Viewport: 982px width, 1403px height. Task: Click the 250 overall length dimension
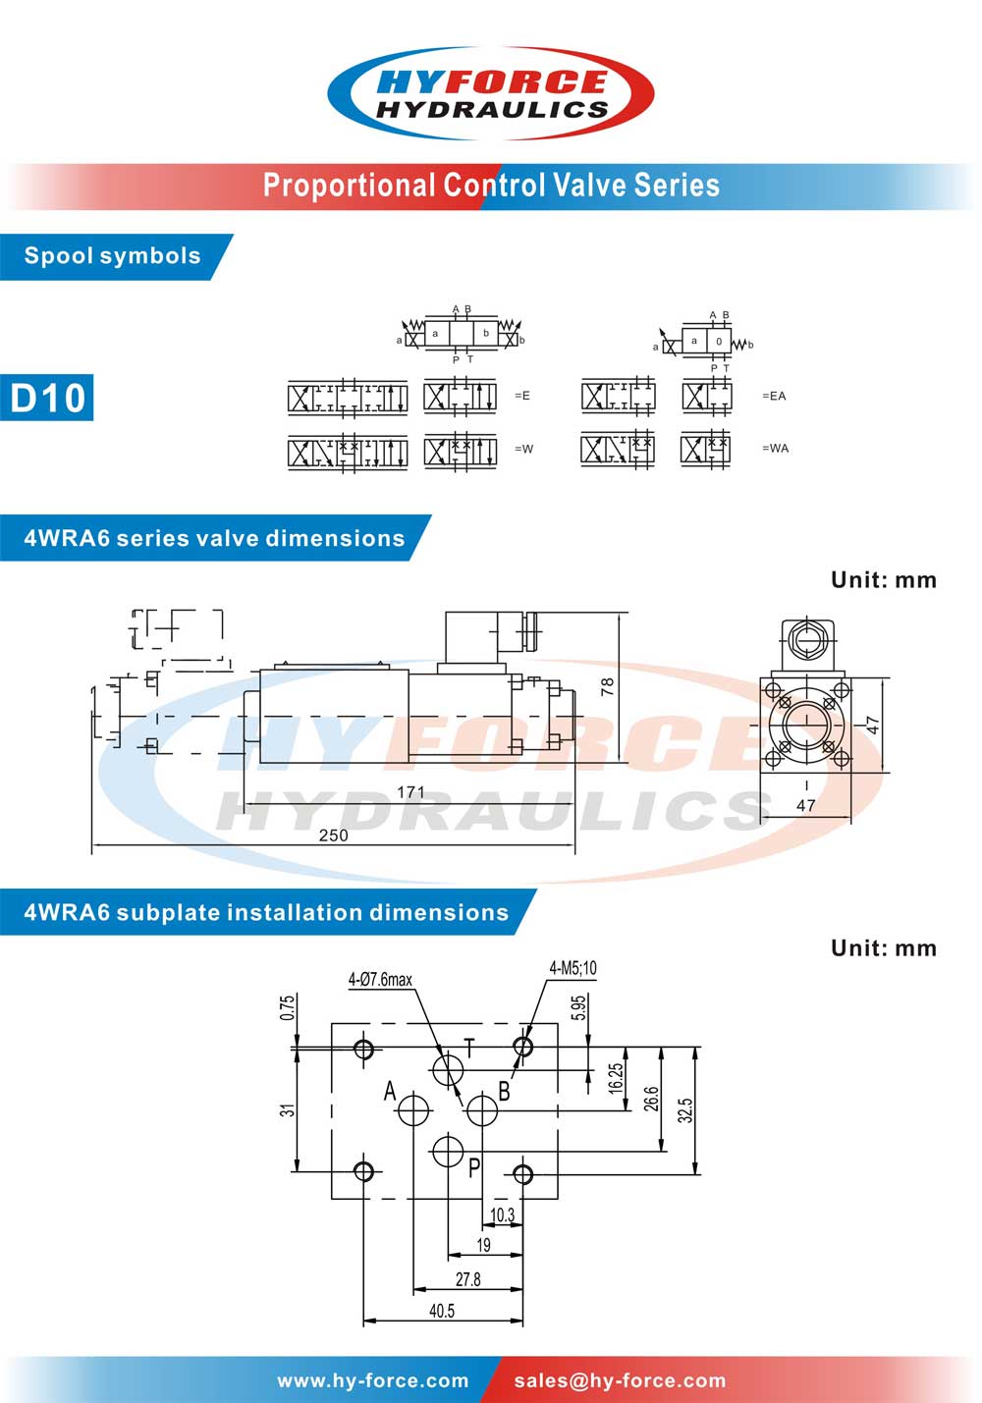[333, 835]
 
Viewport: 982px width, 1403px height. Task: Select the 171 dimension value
[410, 792]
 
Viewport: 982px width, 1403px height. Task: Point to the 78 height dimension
[608, 687]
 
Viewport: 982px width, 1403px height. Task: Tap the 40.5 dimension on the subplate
[442, 1311]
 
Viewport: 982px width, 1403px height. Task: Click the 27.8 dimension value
[467, 1278]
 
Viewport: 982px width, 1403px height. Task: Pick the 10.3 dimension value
[502, 1215]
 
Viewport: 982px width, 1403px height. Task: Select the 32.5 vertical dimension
[685, 1109]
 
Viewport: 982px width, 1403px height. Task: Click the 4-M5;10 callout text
[573, 968]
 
